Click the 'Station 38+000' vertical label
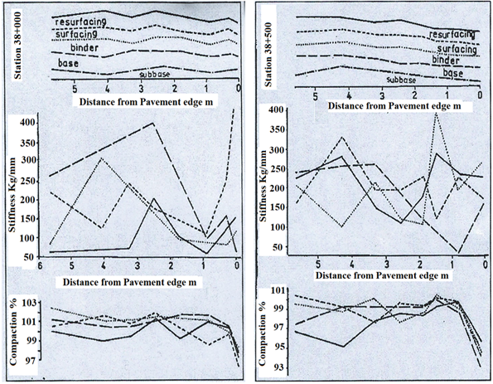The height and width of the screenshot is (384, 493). tap(17, 46)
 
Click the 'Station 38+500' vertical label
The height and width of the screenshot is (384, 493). tap(268, 55)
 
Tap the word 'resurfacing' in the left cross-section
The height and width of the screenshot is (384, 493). tap(80, 22)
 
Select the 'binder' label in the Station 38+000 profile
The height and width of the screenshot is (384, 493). tap(85, 48)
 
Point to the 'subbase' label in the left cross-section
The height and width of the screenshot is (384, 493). tap(155, 75)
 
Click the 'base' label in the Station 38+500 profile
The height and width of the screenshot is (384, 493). tap(453, 73)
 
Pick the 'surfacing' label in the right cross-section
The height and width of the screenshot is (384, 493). tap(457, 49)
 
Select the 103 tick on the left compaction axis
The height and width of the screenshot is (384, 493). tap(29, 303)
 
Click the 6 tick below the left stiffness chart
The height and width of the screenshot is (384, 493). tap(40, 265)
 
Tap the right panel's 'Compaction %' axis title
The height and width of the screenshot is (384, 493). tap(262, 333)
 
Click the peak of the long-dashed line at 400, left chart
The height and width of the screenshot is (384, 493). tap(152, 123)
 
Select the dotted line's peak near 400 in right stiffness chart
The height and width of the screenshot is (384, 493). tap(436, 112)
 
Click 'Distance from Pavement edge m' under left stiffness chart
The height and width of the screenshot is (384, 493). tap(129, 282)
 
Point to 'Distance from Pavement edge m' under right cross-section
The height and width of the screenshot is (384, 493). tap(394, 106)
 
